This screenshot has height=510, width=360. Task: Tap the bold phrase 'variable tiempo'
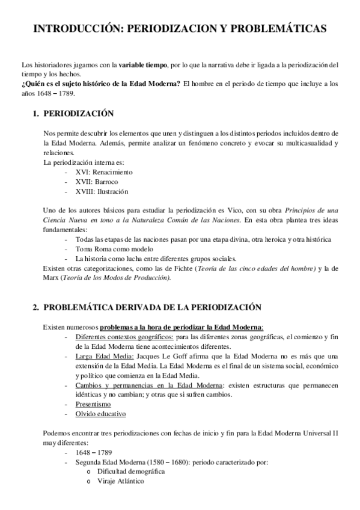click(x=143, y=64)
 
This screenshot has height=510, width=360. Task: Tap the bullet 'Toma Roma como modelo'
click(x=115, y=248)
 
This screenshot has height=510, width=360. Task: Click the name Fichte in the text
click(x=174, y=268)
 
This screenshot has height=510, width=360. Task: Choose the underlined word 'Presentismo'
click(x=93, y=405)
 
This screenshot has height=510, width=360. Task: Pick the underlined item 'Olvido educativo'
click(x=101, y=414)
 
